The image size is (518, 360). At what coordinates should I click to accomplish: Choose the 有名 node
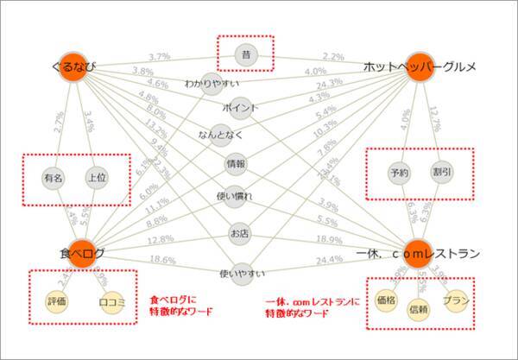[54, 179]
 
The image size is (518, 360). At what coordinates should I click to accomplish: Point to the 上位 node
[96, 179]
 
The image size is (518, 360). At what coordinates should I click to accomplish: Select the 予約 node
[400, 172]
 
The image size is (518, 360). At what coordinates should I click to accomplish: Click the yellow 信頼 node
[418, 309]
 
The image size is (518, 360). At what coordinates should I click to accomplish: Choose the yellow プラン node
[454, 301]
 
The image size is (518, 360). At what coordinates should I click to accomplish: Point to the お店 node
[240, 234]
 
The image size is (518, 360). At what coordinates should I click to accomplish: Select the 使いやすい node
[240, 273]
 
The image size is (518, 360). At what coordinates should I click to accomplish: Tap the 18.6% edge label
[161, 260]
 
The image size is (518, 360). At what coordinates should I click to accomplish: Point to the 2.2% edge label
[334, 55]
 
